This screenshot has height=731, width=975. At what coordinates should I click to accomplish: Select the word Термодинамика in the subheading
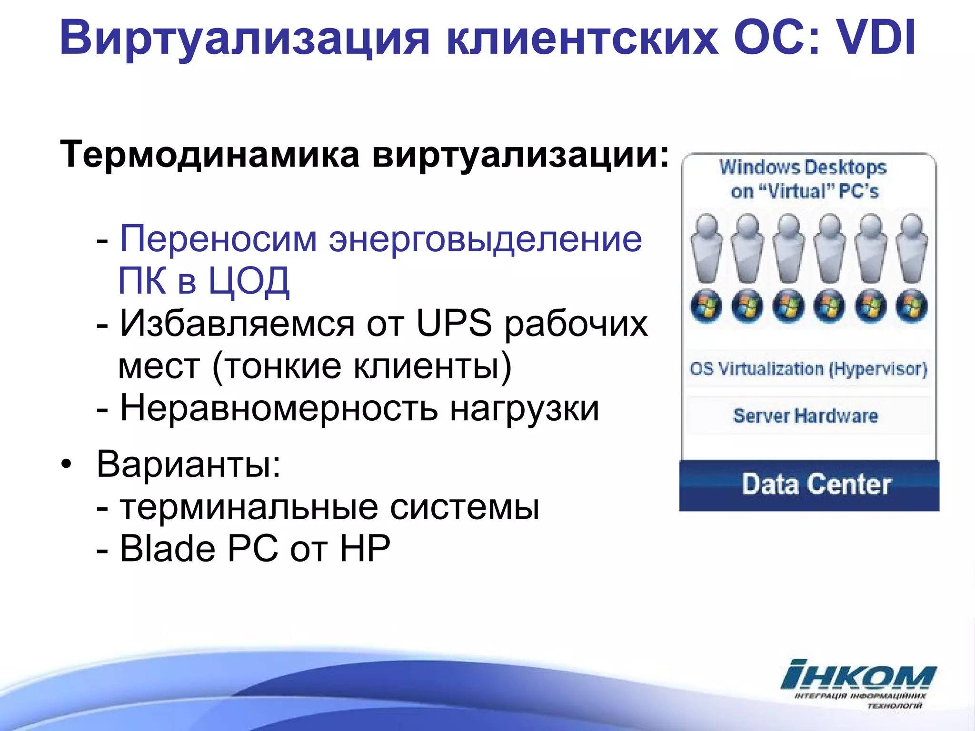click(209, 154)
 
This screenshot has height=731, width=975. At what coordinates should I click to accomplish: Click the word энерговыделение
click(485, 239)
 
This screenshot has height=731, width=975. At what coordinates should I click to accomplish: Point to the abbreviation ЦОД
click(249, 281)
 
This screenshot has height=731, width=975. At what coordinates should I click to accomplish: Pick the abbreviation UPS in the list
click(454, 323)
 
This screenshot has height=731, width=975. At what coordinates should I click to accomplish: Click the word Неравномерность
click(279, 408)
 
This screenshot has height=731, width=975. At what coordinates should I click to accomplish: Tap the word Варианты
click(189, 464)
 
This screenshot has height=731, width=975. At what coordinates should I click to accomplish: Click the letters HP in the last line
click(365, 548)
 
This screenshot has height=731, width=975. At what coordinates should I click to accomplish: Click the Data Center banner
click(809, 485)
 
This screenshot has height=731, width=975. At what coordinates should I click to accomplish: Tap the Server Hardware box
click(806, 416)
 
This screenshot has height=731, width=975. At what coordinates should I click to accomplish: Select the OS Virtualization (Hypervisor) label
click(808, 369)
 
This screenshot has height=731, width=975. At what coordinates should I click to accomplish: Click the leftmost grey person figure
click(707, 247)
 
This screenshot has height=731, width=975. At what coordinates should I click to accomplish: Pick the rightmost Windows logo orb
click(911, 306)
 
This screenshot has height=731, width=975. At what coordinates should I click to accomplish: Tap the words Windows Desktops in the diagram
click(803, 168)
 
